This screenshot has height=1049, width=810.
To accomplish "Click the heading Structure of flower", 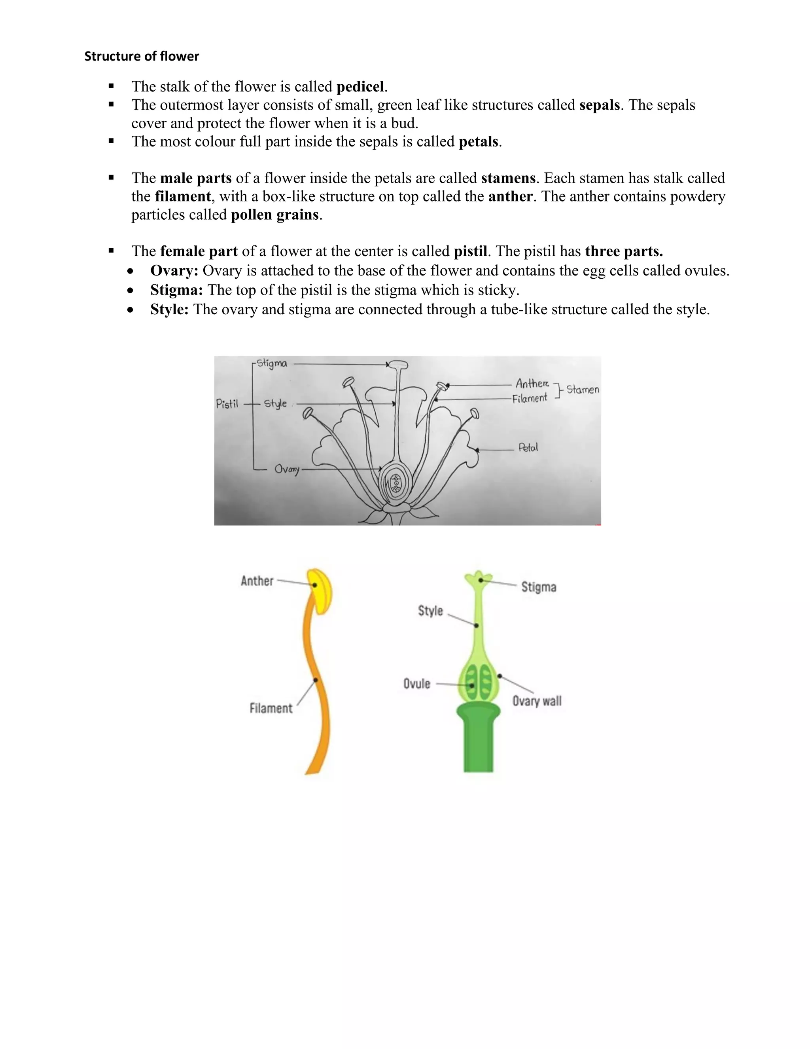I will click(x=142, y=56).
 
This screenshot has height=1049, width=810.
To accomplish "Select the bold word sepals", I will click(x=599, y=105).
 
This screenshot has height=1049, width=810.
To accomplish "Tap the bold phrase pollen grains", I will click(x=274, y=214).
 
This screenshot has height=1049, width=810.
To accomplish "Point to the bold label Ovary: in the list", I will click(x=174, y=270).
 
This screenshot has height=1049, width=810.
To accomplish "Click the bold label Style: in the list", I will click(x=169, y=309).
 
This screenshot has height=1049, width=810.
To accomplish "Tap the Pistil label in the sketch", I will click(x=227, y=404).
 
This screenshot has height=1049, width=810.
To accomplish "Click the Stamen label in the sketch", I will click(x=583, y=389).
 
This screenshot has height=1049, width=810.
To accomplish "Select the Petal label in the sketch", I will click(x=528, y=448).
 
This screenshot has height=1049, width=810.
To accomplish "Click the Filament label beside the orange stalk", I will click(x=271, y=708).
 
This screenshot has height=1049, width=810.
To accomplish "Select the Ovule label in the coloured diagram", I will click(x=416, y=684).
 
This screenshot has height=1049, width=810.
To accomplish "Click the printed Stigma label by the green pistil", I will click(x=538, y=587).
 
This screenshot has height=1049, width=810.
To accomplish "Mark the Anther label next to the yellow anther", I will click(x=257, y=581).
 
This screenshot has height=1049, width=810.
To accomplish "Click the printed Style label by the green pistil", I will click(x=430, y=610).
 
